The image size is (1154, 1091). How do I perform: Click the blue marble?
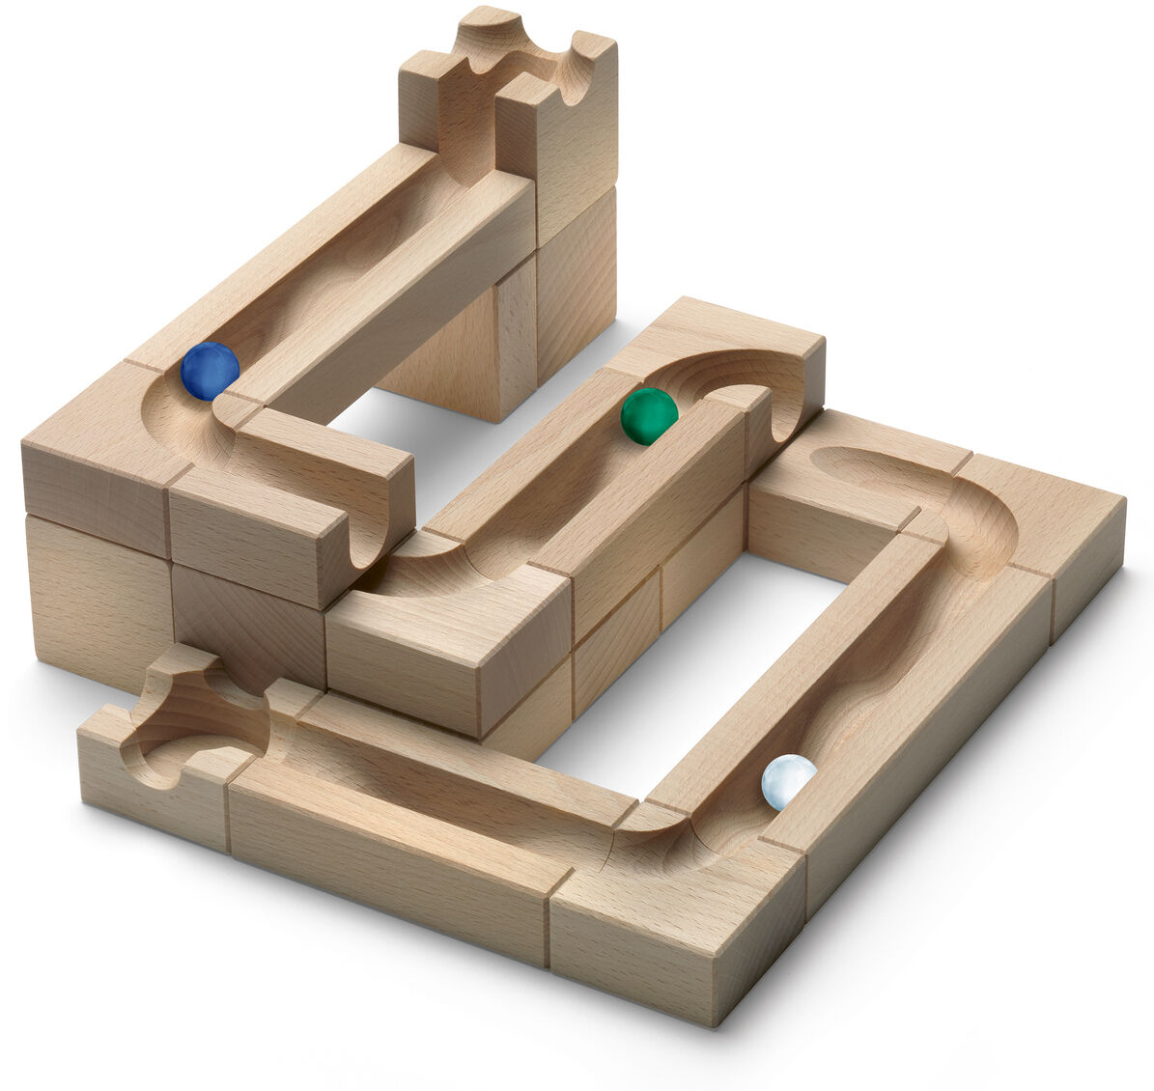tap(210, 371)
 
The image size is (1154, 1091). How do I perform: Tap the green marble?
tap(649, 416)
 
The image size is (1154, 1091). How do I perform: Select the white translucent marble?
tap(788, 782)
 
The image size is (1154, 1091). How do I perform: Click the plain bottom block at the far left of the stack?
tap(97, 599)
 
